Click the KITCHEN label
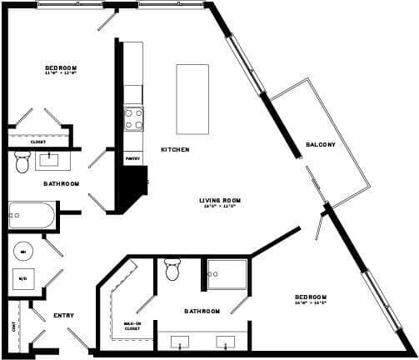[x=175, y=150]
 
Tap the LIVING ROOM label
[x=220, y=200]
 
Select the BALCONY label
[x=320, y=145]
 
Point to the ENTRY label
[x=63, y=316]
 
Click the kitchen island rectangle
[x=192, y=98]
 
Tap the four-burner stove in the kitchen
[x=133, y=119]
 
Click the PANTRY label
[x=132, y=157]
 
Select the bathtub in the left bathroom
[x=32, y=216]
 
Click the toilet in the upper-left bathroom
[x=22, y=162]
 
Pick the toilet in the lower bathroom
[x=173, y=269]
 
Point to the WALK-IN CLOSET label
[x=132, y=325]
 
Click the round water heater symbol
[x=22, y=251]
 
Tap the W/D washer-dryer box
[x=22, y=279]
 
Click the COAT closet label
[x=14, y=327]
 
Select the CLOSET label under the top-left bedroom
[x=37, y=142]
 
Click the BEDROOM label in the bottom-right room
[x=311, y=297]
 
